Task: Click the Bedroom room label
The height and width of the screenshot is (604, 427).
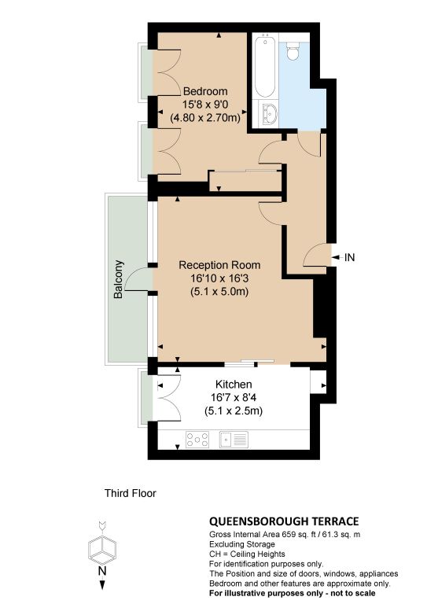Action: (205, 92)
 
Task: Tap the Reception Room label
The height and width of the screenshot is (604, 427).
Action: (219, 265)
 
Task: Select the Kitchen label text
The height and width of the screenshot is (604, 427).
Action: (234, 385)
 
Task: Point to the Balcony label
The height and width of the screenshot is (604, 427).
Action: (119, 279)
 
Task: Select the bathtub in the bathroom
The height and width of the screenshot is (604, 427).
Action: (264, 65)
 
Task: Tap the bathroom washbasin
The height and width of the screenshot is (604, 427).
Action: (269, 113)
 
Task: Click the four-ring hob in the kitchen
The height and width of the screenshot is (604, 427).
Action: (197, 439)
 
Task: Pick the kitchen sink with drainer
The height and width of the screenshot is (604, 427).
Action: (234, 439)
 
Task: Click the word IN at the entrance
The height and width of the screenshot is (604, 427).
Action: (350, 257)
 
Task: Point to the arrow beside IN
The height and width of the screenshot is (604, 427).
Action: (337, 257)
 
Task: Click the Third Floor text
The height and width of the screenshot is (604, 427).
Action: (131, 493)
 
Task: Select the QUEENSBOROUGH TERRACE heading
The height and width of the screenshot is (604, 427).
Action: (284, 521)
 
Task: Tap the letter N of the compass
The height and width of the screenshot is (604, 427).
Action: (102, 571)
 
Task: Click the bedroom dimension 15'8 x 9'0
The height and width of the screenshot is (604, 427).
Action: (205, 105)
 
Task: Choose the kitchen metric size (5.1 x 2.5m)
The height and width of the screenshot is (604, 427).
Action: (234, 411)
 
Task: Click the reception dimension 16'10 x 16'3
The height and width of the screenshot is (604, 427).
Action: (219, 278)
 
